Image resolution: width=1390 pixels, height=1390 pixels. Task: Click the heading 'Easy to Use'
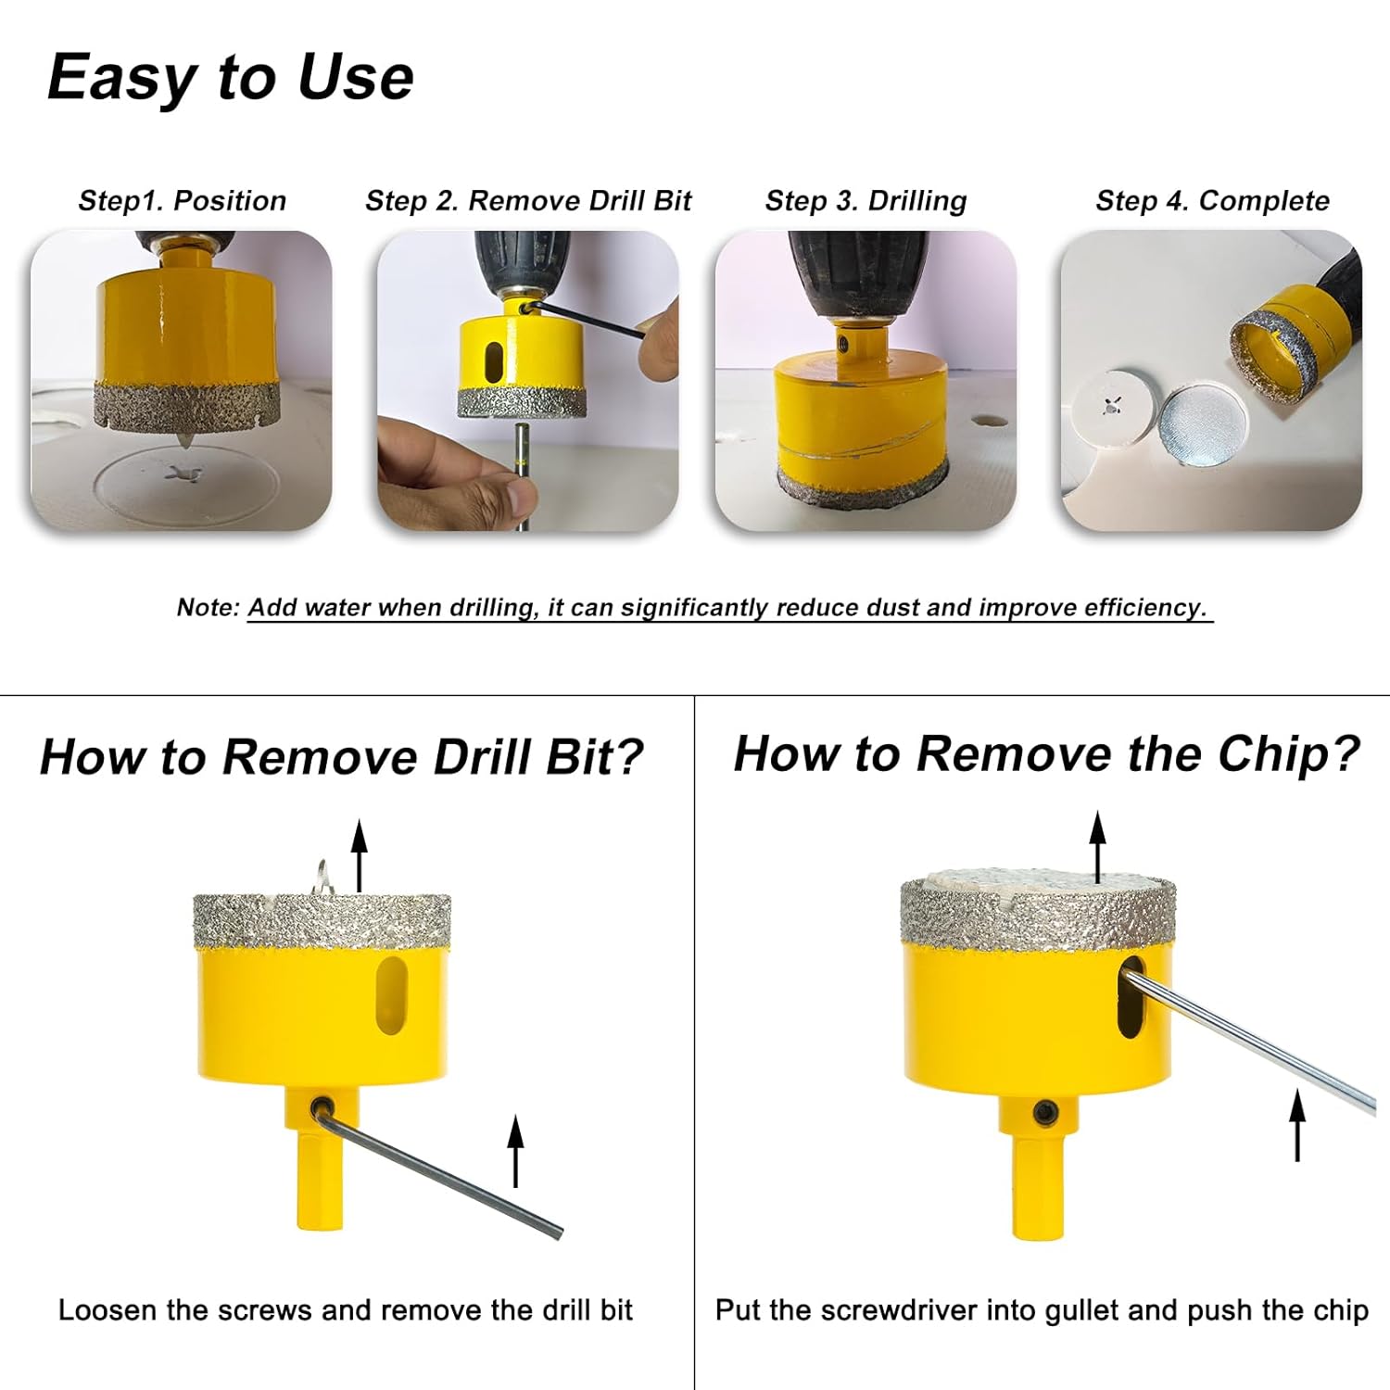tap(230, 77)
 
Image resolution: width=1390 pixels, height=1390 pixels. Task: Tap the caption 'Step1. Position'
tap(183, 201)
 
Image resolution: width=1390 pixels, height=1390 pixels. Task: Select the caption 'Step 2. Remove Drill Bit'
tap(528, 201)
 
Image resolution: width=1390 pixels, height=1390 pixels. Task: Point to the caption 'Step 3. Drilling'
tap(866, 201)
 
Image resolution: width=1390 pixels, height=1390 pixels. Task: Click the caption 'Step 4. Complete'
tap(1212, 201)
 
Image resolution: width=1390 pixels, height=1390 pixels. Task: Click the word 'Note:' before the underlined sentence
tap(208, 608)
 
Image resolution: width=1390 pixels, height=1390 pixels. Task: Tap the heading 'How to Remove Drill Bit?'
tap(341, 757)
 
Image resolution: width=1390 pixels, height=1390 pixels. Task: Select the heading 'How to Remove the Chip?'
tap(1046, 753)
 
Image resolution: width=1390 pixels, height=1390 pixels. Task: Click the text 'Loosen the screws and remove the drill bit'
tap(345, 1310)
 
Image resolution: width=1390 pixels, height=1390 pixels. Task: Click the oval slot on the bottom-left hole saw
tap(392, 995)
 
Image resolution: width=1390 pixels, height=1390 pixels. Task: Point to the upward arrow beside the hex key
tap(516, 1151)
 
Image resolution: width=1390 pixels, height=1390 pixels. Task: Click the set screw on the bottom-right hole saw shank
tap(1046, 1111)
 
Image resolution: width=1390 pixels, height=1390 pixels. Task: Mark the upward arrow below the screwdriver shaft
tap(1297, 1124)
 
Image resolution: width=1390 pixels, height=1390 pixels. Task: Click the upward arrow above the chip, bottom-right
tap(1098, 846)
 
